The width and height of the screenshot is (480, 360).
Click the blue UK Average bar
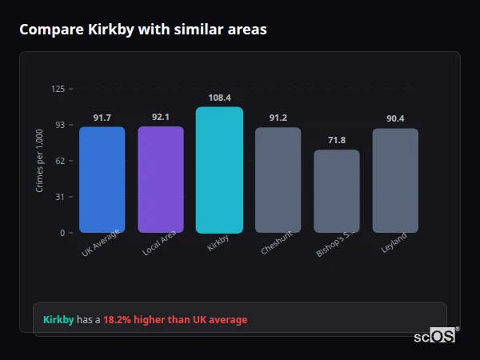102,179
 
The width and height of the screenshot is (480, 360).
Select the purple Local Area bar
161,179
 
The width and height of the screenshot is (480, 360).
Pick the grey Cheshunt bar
278,180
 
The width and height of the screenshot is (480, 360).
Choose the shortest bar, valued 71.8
337,191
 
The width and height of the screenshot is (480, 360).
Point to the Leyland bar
395,180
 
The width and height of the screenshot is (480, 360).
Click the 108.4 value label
219,97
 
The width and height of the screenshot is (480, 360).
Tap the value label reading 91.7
102,118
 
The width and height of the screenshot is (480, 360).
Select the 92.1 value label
161,117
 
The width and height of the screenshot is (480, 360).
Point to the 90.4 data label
395,118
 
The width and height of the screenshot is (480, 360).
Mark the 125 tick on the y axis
58,89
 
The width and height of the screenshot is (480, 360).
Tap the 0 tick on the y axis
62,233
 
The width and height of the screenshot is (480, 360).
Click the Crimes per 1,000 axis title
39,161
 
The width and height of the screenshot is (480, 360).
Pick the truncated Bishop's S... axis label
333,245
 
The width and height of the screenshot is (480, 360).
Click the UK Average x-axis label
100,243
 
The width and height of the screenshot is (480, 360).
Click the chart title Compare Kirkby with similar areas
143,30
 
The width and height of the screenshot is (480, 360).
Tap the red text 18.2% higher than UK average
175,320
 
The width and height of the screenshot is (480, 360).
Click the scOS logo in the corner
435,336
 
